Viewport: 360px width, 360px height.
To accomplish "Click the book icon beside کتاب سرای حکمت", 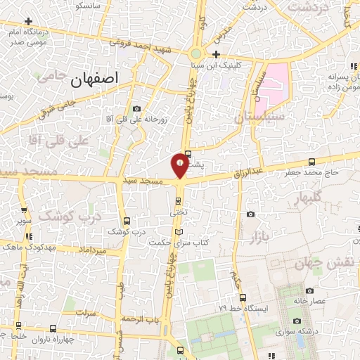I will [x=178, y=232].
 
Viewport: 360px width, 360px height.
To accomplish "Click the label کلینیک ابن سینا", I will [x=235, y=63].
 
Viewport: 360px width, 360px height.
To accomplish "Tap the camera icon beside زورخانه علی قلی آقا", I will [x=136, y=109].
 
